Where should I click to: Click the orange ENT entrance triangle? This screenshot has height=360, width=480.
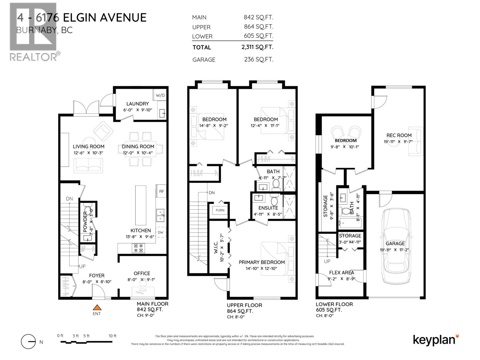pyautogui.click(x=97, y=307)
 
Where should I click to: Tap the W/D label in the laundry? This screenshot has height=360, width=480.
pyautogui.click(x=160, y=95)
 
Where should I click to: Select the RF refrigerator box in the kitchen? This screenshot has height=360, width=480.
pyautogui.click(x=161, y=191)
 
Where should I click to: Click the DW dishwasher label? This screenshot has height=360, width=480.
pyautogui.click(x=160, y=232)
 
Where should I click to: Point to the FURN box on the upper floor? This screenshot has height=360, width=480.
pyautogui.click(x=220, y=210)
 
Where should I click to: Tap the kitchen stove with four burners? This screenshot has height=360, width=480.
pyautogui.click(x=139, y=248)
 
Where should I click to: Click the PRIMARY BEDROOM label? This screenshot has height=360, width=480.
pyautogui.click(x=262, y=262)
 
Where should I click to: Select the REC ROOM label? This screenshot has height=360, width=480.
pyautogui.click(x=399, y=135)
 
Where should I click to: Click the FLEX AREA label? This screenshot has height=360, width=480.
pyautogui.click(x=341, y=272)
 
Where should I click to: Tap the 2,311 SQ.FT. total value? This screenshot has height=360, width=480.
pyautogui.click(x=257, y=47)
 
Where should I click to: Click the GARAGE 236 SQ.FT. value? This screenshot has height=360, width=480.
pyautogui.click(x=258, y=59)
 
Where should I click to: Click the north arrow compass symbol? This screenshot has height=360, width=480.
pyautogui.click(x=28, y=342)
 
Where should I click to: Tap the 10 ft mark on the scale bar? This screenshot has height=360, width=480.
pyautogui.click(x=112, y=336)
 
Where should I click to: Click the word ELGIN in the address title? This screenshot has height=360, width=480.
pyautogui.click(x=80, y=18)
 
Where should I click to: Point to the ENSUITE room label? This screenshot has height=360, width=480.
pyautogui.click(x=268, y=208)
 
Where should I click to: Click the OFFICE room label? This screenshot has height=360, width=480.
pyautogui.click(x=142, y=273)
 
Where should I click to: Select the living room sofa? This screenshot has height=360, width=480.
pyautogui.click(x=88, y=165)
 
